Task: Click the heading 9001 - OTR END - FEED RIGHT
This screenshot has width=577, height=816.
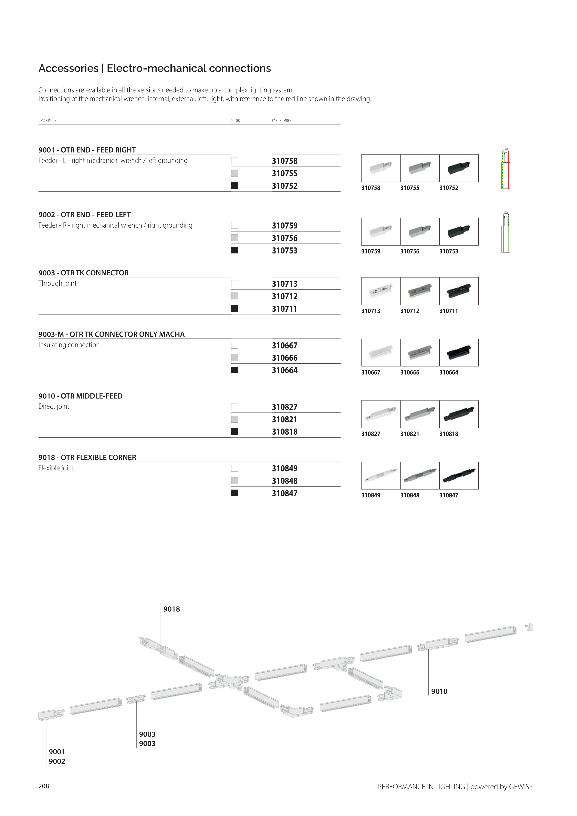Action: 87,150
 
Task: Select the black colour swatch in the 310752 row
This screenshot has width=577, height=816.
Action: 234,186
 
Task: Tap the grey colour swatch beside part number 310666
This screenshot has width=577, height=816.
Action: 234,358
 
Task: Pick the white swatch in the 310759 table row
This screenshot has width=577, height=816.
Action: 234,225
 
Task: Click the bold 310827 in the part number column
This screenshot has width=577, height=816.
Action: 285,407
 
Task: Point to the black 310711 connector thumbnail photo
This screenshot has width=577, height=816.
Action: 459,291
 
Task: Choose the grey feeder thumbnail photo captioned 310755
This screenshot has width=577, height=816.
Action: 420,168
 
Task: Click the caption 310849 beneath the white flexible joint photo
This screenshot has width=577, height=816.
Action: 370,495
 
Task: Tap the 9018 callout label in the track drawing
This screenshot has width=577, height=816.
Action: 172,609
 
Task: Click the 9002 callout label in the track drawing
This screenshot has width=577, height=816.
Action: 57,761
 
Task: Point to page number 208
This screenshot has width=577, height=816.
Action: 44,786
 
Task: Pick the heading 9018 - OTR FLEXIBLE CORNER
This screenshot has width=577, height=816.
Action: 87,457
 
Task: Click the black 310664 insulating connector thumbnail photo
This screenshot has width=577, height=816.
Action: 459,353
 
